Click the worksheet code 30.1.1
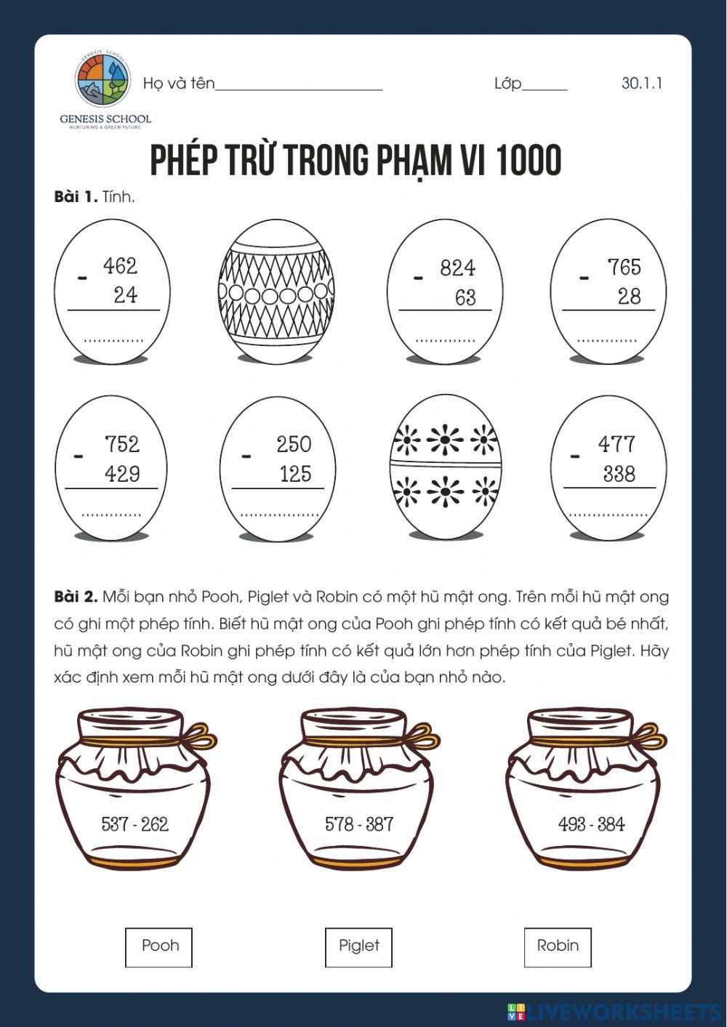tap(641, 83)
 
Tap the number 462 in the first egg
tap(120, 266)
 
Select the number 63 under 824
tap(465, 297)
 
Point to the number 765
tap(624, 267)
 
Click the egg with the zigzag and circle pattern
tap(276, 290)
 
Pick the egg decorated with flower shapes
tap(445, 467)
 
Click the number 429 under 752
tap(122, 474)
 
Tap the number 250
tap(294, 444)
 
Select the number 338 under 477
tap(619, 474)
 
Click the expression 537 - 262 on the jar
tap(134, 824)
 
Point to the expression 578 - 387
tap(359, 824)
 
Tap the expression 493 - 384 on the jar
tap(591, 824)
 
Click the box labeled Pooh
tap(159, 946)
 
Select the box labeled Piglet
tap(358, 946)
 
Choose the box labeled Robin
tap(558, 946)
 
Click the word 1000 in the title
tap(529, 161)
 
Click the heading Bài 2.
tap(76, 597)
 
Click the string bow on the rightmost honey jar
tap(648, 738)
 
